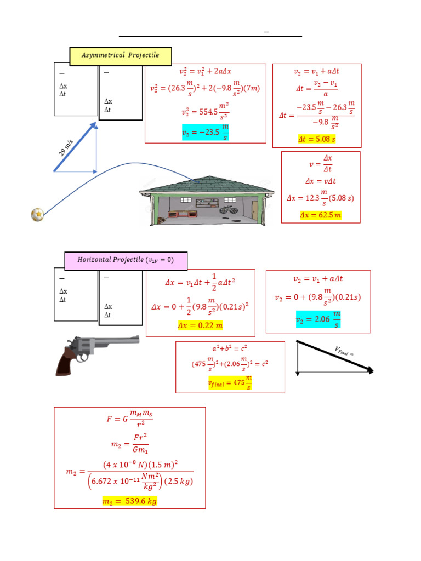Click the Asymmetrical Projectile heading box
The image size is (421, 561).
click(120, 55)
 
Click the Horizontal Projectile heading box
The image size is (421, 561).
click(126, 260)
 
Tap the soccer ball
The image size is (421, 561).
click(37, 214)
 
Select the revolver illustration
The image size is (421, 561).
click(96, 353)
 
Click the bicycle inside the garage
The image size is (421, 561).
click(229, 209)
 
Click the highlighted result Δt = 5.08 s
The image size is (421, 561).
click(316, 139)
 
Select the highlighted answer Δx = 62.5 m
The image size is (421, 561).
click(321, 215)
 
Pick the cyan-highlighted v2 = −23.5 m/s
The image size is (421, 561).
click(205, 133)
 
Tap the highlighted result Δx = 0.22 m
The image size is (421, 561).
click(201, 326)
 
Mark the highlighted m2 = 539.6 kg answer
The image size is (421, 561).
click(129, 501)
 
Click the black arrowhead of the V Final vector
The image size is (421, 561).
click(369, 370)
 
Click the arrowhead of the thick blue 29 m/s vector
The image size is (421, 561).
click(94, 127)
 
